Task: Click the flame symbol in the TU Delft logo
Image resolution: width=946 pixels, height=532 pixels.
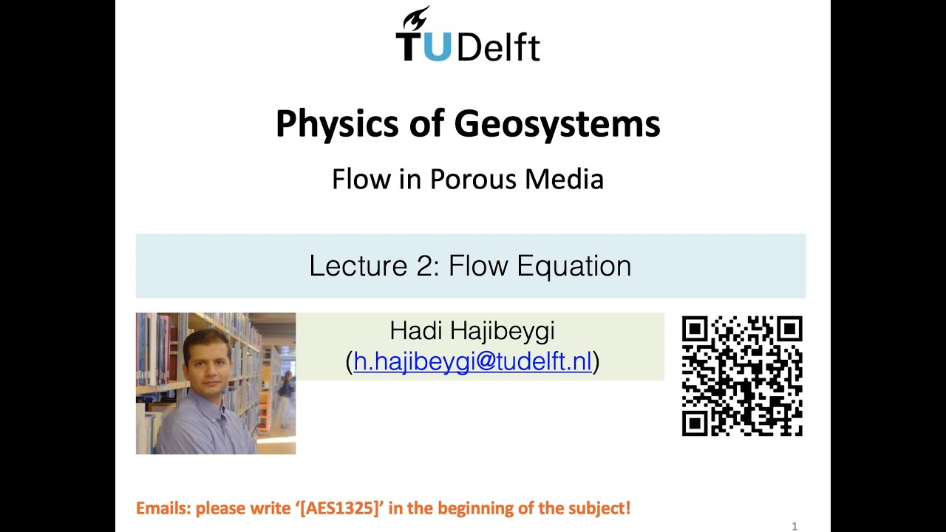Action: click(417, 19)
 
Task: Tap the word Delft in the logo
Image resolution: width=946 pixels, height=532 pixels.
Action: click(498, 47)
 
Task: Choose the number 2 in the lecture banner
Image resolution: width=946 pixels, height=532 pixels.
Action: click(426, 265)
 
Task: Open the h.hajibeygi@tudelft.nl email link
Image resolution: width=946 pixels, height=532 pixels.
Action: click(473, 361)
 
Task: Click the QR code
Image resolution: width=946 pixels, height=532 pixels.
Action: click(741, 376)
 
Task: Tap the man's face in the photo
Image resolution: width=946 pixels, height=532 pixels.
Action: click(204, 364)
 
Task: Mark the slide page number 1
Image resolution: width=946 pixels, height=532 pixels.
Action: click(794, 526)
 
